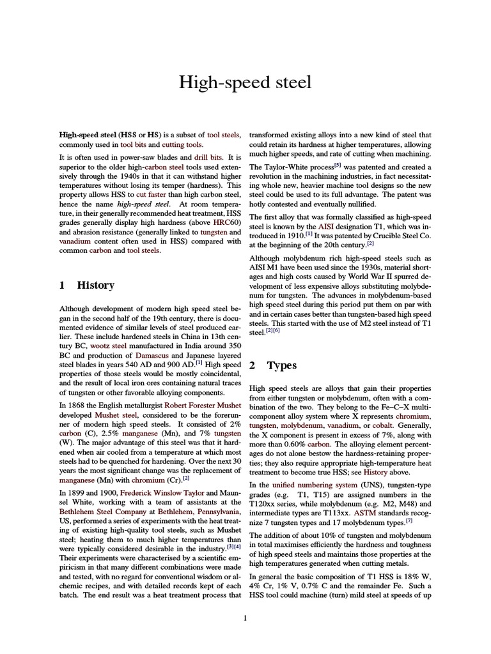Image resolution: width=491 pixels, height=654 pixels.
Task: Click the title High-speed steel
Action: click(x=245, y=82)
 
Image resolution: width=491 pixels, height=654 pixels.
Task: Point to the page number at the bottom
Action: click(x=245, y=618)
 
